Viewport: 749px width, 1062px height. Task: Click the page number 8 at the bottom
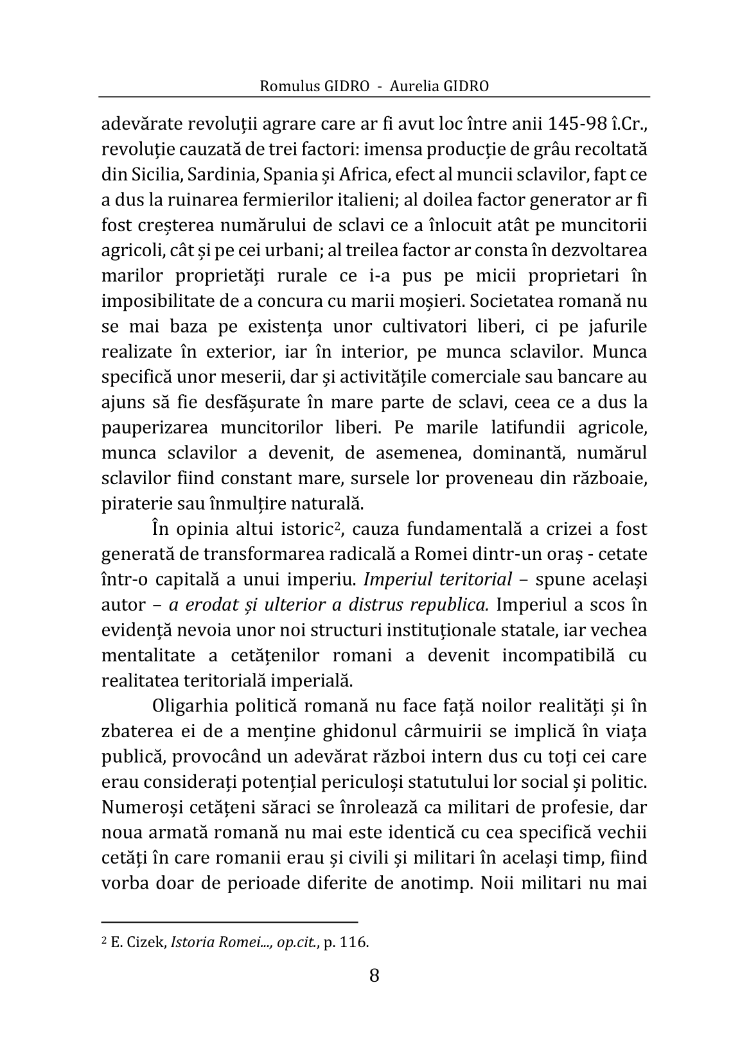(374, 976)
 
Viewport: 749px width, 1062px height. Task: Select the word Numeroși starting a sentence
(136, 807)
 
